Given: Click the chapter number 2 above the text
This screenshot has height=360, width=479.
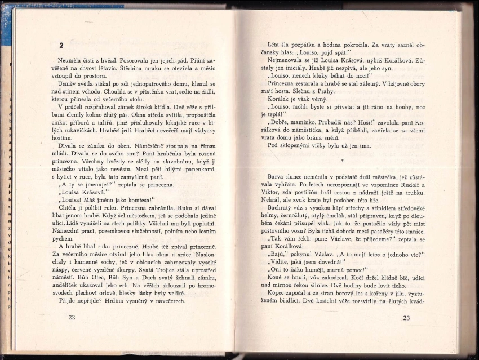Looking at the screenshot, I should (61, 45).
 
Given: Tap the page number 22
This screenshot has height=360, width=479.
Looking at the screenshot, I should (72, 318).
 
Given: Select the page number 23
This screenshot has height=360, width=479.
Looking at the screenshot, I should (407, 318).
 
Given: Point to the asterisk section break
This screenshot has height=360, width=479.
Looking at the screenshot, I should (341, 161).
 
